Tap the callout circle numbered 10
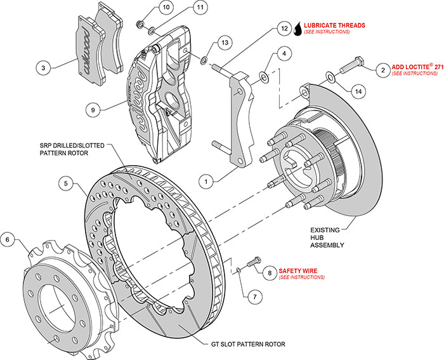[166, 8]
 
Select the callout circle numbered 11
[201, 8]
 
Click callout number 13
[224, 43]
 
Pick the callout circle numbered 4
[286, 55]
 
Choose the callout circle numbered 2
[382, 69]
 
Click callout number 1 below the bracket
[206, 180]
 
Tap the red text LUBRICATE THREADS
[334, 25]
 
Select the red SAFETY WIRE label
[301, 270]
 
